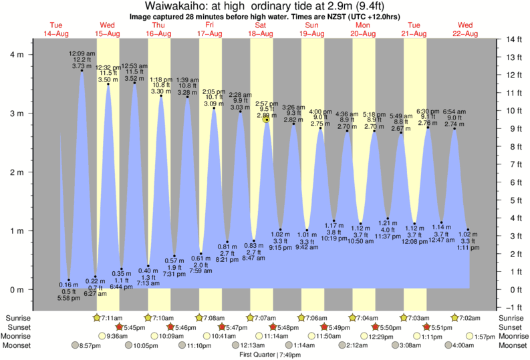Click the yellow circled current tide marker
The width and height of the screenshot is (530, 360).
coord(267,120)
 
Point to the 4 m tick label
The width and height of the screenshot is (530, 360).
coord(15,55)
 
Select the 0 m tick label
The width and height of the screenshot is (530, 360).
coord(15,289)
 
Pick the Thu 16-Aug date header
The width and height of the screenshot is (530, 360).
coord(158,29)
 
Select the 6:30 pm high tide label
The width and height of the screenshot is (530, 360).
coord(427,111)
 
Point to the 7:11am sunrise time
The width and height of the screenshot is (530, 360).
coord(112,317)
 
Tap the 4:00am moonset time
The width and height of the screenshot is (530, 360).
coord(462,346)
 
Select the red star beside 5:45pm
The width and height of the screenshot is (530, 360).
coord(119,327)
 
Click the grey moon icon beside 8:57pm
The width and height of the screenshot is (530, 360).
coord(75,346)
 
